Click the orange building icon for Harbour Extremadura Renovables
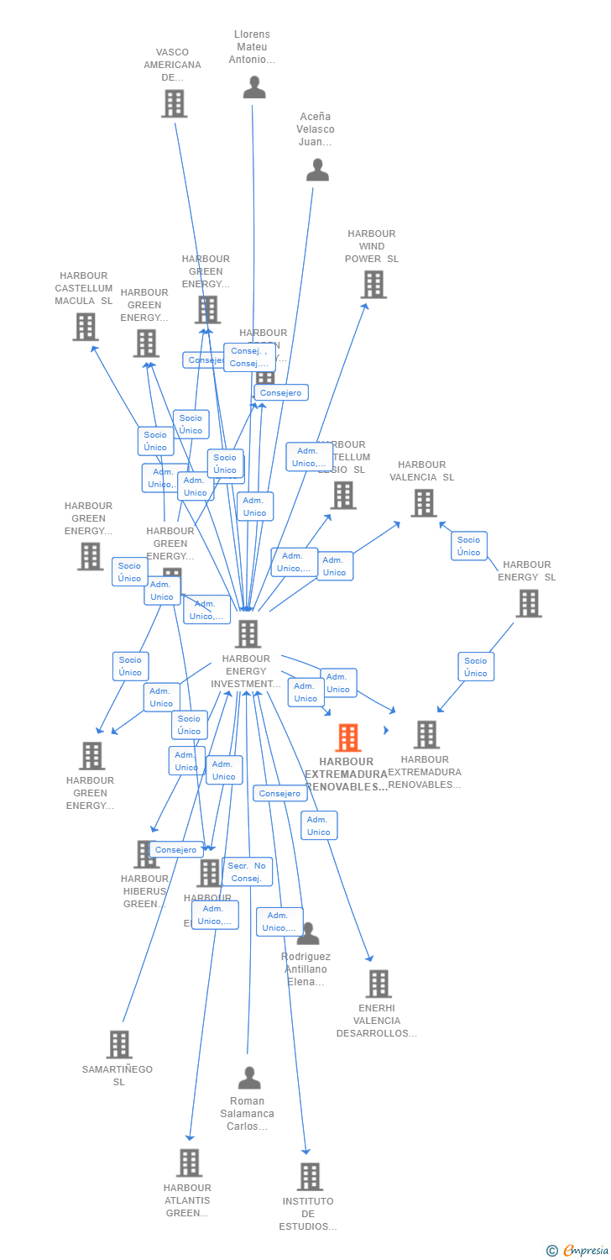[348, 738]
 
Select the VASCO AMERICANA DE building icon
[174, 103]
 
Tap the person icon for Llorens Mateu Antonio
[254, 87]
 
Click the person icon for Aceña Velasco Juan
[317, 170]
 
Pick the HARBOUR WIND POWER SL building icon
[373, 285]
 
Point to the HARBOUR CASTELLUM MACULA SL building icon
[85, 327]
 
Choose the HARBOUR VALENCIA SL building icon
[423, 503]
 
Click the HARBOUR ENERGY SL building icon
[528, 603]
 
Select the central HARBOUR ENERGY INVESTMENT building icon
[248, 633]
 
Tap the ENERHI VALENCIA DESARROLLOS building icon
[378, 984]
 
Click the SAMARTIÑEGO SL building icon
[118, 1044]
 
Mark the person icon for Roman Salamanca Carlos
[249, 1078]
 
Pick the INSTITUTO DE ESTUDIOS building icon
[309, 1177]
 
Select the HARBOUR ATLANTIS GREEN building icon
[189, 1163]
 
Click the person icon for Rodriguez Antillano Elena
[308, 933]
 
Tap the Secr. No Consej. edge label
[247, 872]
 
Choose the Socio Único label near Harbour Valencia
[469, 546]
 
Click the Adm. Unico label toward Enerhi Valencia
[319, 826]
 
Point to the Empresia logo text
[585, 1251]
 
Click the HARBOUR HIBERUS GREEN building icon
[145, 854]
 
